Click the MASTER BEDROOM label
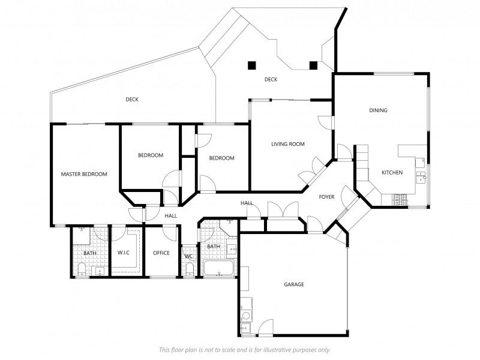pyautogui.click(x=84, y=174)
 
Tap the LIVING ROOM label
pyautogui.click(x=288, y=144)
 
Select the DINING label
pyautogui.click(x=378, y=110)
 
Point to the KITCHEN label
pyautogui.click(x=392, y=173)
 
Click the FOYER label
pyautogui.click(x=326, y=197)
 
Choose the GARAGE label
pyautogui.click(x=294, y=284)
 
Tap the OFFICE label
pyautogui.click(x=161, y=253)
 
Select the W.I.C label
pyautogui.click(x=124, y=253)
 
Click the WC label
pyautogui.click(x=189, y=256)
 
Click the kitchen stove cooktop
pyautogui.click(x=400, y=200)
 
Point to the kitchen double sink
pyautogui.click(x=421, y=177)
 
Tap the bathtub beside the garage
pyautogui.click(x=219, y=268)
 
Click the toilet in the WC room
pyautogui.click(x=190, y=269)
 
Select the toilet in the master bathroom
pyautogui.click(x=82, y=269)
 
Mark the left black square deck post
pyautogui.click(x=251, y=65)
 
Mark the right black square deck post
pyautogui.click(x=313, y=65)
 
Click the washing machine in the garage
pyautogui.click(x=246, y=316)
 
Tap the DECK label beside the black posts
pyautogui.click(x=271, y=80)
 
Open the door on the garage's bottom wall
pyautogui.click(x=266, y=328)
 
